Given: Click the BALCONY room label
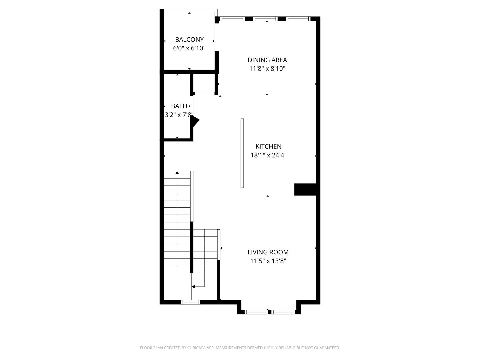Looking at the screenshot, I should tap(189, 39).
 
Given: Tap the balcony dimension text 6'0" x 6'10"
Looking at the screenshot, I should tap(189, 48).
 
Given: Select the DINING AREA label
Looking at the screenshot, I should tap(267, 60).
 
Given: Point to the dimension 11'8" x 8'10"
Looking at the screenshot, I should tap(267, 69).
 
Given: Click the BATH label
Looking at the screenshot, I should tap(179, 106).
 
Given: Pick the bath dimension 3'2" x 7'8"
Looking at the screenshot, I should tap(179, 115).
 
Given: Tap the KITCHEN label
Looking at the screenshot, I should tap(268, 146).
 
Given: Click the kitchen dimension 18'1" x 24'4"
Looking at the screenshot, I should tap(268, 155).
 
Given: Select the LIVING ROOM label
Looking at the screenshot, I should tap(268, 252).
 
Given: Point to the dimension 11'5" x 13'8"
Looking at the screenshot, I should tap(268, 261).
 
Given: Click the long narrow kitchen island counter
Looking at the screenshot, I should tap(242, 153).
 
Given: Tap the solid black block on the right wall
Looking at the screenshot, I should tap(305, 189).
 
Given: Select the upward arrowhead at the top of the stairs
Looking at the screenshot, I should tap(177, 173).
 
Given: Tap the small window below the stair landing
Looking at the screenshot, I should tap(190, 302).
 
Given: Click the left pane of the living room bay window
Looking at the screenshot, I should tap(256, 312).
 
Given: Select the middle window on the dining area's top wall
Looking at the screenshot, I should tap(265, 19).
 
